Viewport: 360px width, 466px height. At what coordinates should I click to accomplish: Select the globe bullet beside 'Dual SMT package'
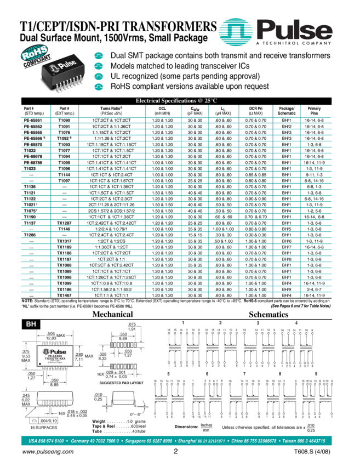99,56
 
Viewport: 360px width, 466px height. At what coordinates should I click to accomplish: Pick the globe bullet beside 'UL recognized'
99,76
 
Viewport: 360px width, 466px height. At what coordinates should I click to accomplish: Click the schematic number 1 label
183,323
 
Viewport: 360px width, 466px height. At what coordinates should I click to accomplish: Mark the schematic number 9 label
316,373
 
